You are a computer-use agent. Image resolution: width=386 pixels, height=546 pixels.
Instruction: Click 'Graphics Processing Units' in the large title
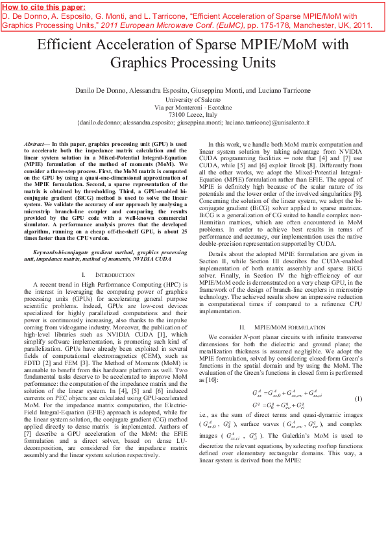(x=193, y=63)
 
